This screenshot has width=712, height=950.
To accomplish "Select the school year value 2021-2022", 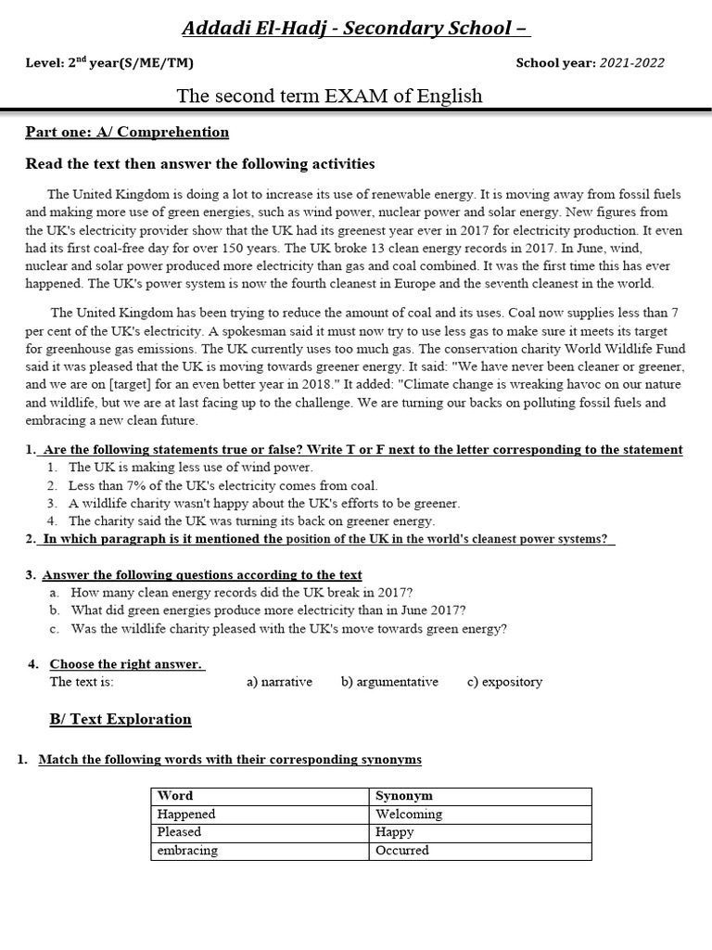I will pyautogui.click(x=631, y=63).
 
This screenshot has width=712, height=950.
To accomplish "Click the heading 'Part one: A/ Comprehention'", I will pyautogui.click(x=127, y=132).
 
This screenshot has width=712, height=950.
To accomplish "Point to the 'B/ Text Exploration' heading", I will pyautogui.click(x=120, y=719).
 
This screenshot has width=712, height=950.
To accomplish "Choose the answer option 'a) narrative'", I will pyautogui.click(x=279, y=682).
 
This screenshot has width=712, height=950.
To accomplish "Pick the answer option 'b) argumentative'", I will pyautogui.click(x=389, y=682).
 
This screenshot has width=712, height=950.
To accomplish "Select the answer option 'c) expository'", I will pyautogui.click(x=504, y=682).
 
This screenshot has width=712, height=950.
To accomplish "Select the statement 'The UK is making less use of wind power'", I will pyautogui.click(x=191, y=468).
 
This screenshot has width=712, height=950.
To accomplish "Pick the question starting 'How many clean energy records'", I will pyautogui.click(x=241, y=592).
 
